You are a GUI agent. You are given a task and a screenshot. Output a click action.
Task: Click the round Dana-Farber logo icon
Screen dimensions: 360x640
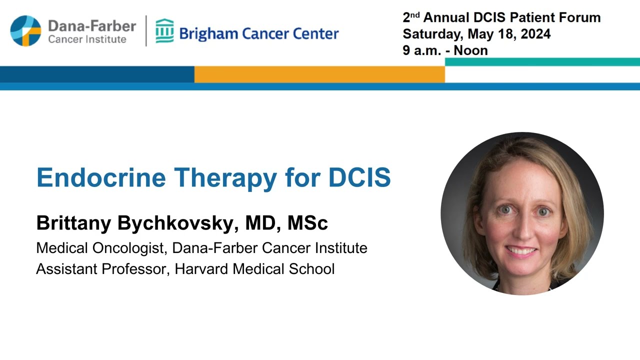point(25,30)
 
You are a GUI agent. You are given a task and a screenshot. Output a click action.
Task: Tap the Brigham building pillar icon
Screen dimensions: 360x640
point(164,31)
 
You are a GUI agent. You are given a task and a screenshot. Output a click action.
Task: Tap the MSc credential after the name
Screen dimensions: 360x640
point(307,223)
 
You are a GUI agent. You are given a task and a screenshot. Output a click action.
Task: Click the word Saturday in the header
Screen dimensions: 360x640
point(432,34)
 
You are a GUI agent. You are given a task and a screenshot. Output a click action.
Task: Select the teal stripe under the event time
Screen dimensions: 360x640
point(542,62)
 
